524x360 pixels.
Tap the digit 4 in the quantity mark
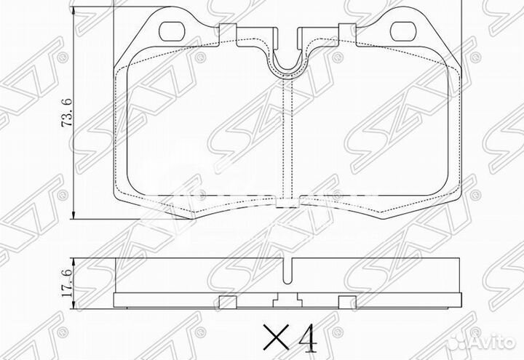[x=306, y=338]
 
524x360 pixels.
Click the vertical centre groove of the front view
[x=291, y=138]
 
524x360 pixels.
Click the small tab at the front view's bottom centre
[x=289, y=204]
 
